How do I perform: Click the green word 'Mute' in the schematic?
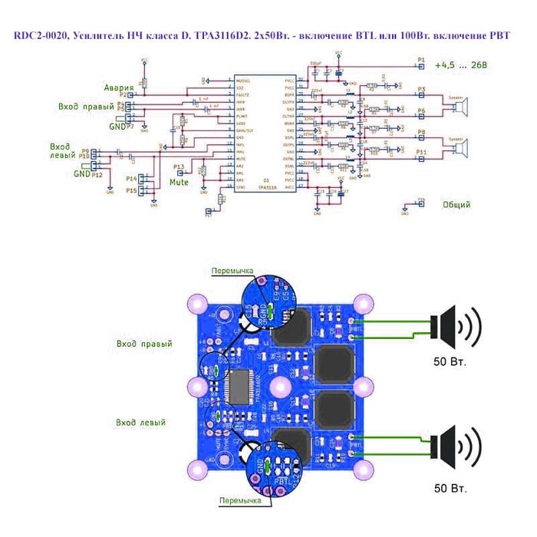pos(179,183)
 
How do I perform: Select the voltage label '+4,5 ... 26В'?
pos(460,65)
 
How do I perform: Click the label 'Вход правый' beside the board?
pos(144,344)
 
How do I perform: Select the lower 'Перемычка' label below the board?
pos(239,501)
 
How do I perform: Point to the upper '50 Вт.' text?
pos(450,361)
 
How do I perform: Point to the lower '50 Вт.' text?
pos(450,487)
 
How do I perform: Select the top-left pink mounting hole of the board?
pos(202,301)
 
